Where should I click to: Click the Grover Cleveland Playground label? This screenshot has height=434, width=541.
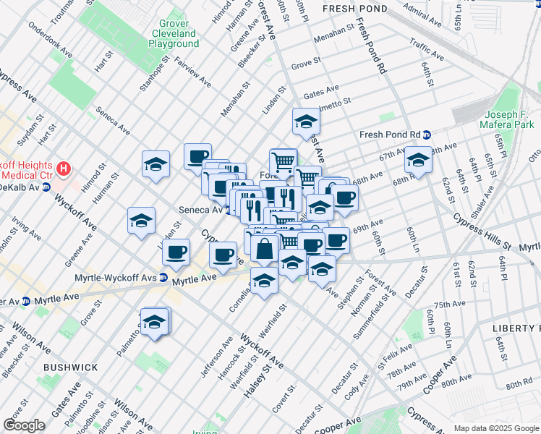click(174, 33)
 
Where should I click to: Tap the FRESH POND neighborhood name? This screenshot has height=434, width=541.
click(354, 9)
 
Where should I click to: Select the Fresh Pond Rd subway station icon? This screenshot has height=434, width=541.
click(427, 135)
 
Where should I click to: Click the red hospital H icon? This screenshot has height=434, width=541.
click(64, 169)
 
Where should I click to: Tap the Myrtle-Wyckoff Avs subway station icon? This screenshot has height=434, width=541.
click(164, 277)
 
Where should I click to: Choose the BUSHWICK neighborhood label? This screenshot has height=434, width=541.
click(70, 367)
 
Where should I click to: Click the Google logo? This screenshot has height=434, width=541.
click(24, 425)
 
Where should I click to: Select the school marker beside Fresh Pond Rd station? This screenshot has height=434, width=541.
click(418, 159)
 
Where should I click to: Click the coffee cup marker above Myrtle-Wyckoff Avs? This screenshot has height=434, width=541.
click(176, 252)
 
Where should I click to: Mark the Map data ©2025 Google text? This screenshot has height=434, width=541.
click(495, 428)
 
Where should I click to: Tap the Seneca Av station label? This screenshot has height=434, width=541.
click(200, 209)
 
